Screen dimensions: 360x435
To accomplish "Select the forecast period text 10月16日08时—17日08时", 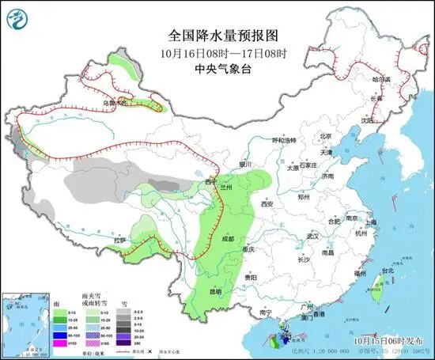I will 215,52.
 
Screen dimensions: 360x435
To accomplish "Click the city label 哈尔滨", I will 381,79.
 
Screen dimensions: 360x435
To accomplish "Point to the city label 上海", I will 371,222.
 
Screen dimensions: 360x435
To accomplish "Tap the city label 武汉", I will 312,236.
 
